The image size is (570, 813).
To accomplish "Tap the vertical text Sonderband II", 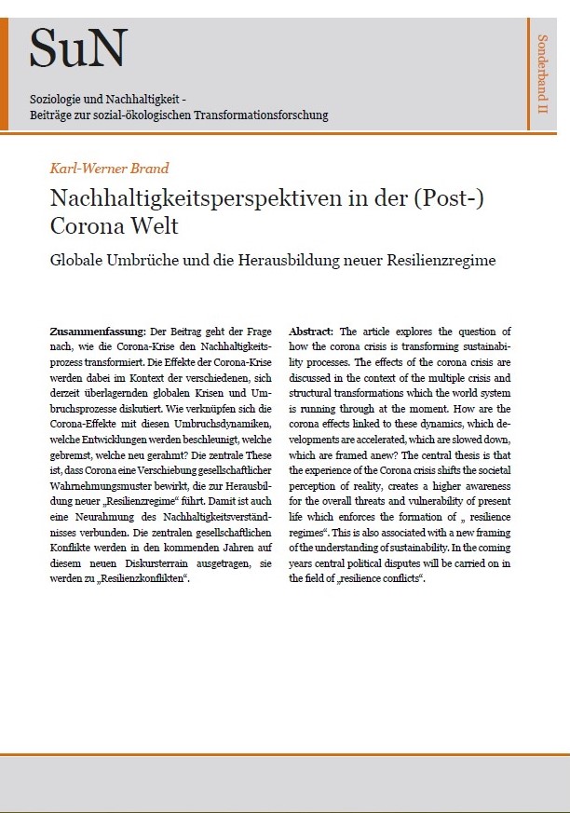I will coord(542,74).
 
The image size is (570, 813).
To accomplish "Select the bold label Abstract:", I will coord(313,332).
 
